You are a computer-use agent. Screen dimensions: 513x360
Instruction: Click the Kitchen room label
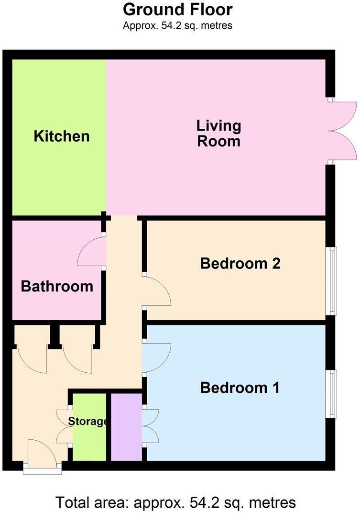pos(62,136)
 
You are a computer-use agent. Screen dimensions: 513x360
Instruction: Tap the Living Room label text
pos(218,134)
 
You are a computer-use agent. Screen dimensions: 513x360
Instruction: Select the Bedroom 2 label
pos(240,263)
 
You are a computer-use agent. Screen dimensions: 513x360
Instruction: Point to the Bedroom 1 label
pos(240,388)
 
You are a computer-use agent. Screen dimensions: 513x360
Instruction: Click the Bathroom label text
pos(57,287)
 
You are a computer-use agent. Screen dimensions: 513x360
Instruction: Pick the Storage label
pos(88,422)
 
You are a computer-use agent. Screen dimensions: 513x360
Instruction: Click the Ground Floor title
pos(178,10)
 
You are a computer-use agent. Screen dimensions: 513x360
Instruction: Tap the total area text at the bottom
pos(176,502)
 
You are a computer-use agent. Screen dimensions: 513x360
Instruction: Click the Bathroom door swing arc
pos(91,252)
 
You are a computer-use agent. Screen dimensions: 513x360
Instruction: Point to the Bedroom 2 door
pos(157,291)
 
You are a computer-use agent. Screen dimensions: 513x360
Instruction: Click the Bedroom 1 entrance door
pos(156,357)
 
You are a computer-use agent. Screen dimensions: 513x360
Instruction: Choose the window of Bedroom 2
pos(331,281)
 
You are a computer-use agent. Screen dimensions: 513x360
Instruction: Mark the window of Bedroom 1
pos(331,393)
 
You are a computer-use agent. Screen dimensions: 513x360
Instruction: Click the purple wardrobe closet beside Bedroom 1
pos(126,427)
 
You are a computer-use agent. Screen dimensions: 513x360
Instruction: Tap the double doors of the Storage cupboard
pos(64,427)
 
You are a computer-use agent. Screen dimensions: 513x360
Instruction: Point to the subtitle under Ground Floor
pos(178,25)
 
